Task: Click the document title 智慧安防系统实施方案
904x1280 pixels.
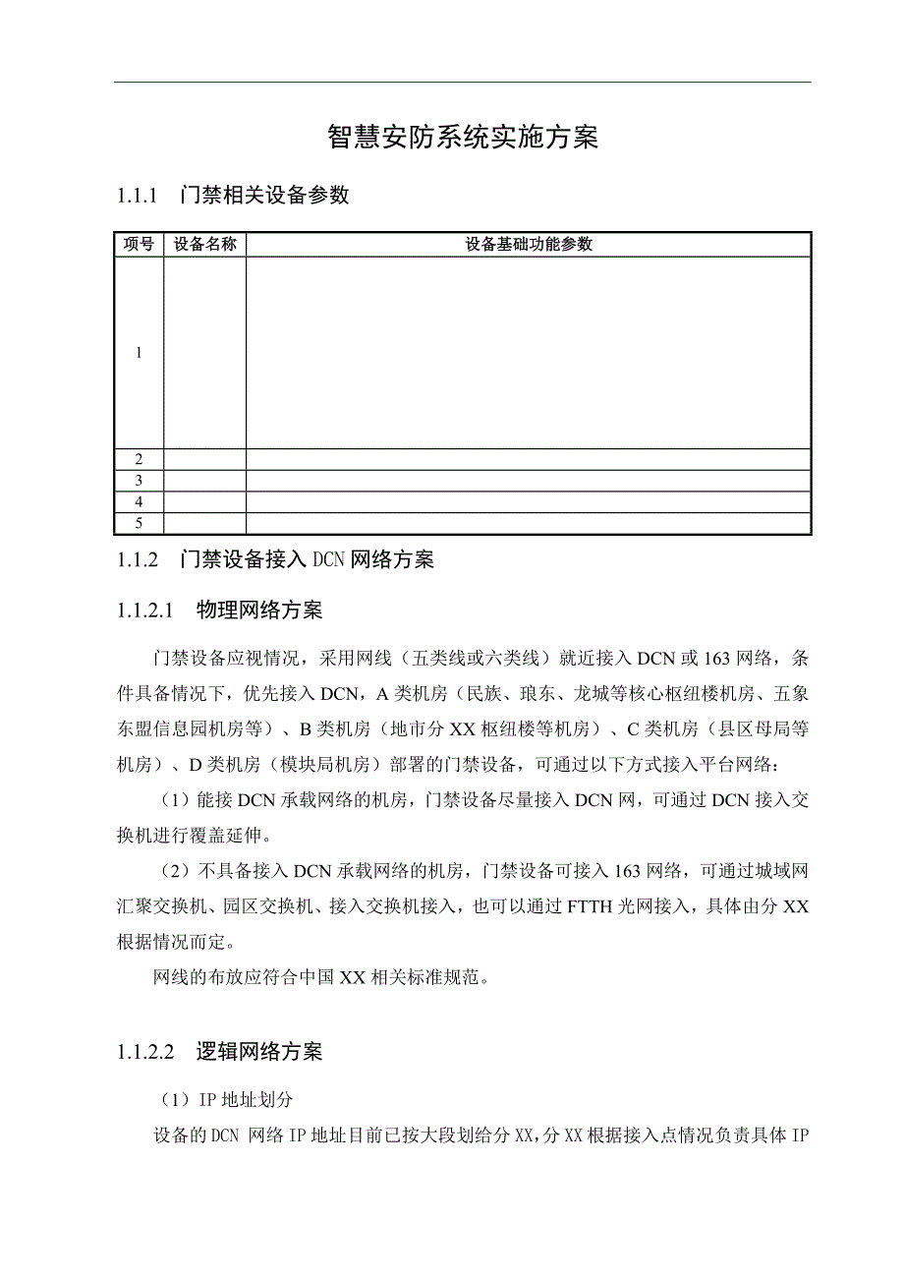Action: click(462, 139)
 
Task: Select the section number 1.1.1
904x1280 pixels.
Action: click(138, 196)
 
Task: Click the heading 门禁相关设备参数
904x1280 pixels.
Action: click(265, 196)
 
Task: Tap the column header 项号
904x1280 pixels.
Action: click(139, 245)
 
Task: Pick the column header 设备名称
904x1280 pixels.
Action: click(204, 245)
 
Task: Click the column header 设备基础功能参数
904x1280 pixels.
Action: click(529, 245)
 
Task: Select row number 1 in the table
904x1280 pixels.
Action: click(139, 353)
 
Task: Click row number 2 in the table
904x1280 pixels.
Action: click(139, 459)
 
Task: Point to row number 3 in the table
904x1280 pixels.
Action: click(139, 481)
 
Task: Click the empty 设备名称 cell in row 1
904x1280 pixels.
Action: click(204, 353)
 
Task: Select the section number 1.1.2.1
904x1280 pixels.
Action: click(144, 611)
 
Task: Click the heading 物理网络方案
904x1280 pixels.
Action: click(259, 611)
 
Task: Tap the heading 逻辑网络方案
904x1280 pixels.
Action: click(259, 1052)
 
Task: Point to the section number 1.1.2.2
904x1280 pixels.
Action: click(144, 1052)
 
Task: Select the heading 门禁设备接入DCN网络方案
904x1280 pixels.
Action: click(308, 560)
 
